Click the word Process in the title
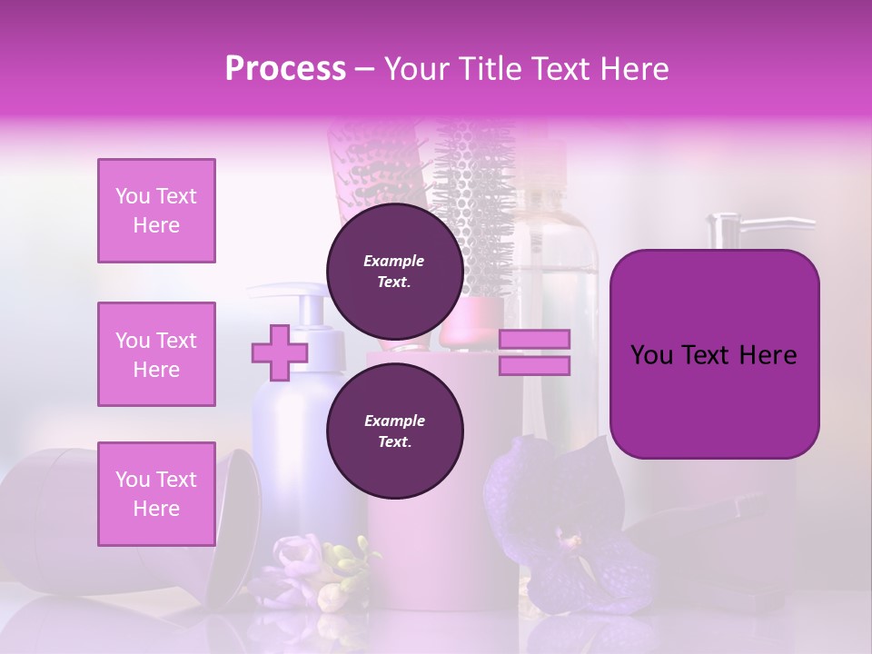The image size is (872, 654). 285,69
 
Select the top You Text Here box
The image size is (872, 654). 156,211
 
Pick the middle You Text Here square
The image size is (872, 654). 156,354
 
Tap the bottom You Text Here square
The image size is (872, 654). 156,493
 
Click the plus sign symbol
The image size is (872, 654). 279,353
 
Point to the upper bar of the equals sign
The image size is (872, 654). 534,340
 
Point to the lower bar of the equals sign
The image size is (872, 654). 534,366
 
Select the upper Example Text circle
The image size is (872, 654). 394,271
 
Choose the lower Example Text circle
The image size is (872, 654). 394,431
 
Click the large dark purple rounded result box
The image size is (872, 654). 714,354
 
